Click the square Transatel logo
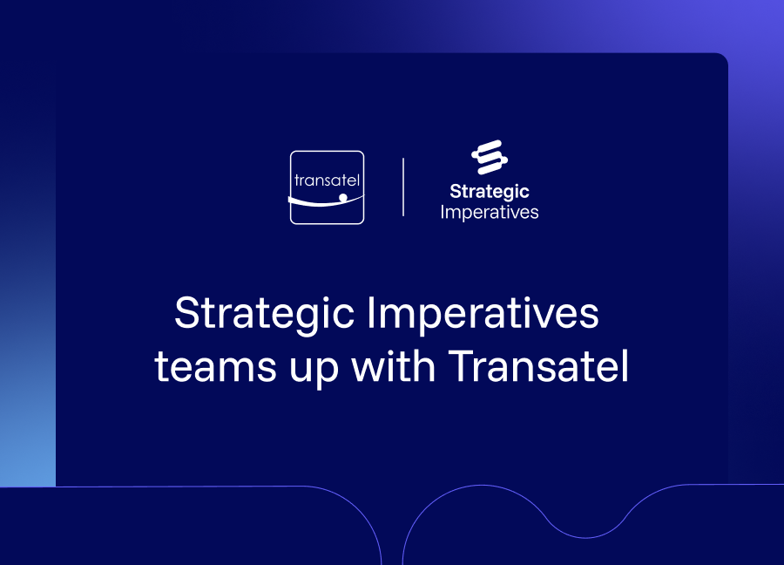click(x=327, y=187)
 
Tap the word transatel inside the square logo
click(x=327, y=180)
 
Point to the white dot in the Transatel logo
click(x=343, y=198)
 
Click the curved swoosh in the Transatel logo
click(x=325, y=202)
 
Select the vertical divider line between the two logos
click(x=403, y=187)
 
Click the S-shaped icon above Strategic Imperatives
click(x=490, y=157)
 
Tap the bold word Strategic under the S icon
click(x=489, y=192)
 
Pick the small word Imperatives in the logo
click(x=489, y=213)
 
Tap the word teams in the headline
click(x=215, y=366)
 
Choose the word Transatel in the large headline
click(x=538, y=365)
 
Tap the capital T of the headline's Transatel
click(x=461, y=365)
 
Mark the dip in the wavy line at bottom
click(x=585, y=537)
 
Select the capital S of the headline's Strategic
click(x=187, y=312)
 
